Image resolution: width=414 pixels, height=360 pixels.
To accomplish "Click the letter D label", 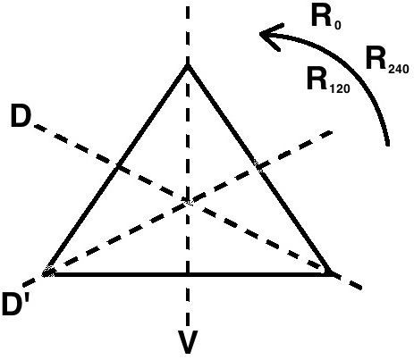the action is coord(21,117).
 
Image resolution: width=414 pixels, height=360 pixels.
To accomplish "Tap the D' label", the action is coord(16,304).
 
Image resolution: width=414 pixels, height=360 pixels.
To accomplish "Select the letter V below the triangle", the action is coord(188,342).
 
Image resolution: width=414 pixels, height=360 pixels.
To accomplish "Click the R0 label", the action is coord(326,17).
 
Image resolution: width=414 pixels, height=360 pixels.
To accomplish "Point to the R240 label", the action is coord(387,60).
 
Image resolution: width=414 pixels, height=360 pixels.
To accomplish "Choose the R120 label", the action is coord(328,80).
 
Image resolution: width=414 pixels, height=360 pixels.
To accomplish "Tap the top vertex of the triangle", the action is coord(188,66).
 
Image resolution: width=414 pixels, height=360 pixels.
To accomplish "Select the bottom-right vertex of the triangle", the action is coord(331,273).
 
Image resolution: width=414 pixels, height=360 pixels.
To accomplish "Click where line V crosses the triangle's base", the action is coord(188,273).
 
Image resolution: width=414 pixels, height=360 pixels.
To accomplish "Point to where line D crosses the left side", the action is coord(118,166).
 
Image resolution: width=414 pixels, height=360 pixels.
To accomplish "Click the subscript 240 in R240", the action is coord(399,69).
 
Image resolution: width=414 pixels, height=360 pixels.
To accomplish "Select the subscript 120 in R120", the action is coord(340,88).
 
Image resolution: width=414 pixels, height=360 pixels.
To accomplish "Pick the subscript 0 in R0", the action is coord(337,25).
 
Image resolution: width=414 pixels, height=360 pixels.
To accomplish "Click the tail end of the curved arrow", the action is coord(388,145).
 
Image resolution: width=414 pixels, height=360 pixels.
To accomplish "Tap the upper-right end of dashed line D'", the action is coord(332,131).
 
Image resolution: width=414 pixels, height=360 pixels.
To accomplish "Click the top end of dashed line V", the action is coord(188,6).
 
